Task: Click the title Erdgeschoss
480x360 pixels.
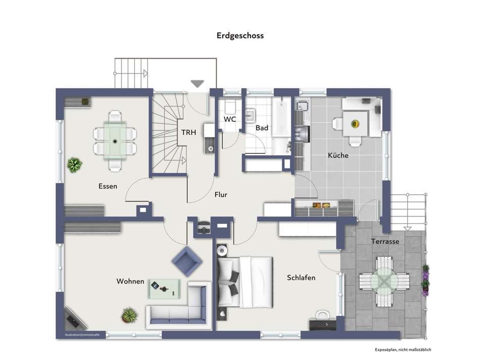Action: pyautogui.click(x=240, y=35)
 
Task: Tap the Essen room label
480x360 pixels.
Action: pyautogui.click(x=108, y=186)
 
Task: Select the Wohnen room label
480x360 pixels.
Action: pyautogui.click(x=130, y=281)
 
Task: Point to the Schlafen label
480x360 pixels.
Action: pyautogui.click(x=301, y=278)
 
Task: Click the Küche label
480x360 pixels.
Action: pyautogui.click(x=338, y=155)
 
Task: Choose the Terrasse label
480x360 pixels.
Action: pyautogui.click(x=385, y=241)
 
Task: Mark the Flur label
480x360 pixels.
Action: pyautogui.click(x=221, y=195)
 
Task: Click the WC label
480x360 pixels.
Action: pyautogui.click(x=229, y=119)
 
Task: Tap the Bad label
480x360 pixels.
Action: pyautogui.click(x=262, y=128)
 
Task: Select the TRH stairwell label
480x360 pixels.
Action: pyautogui.click(x=188, y=132)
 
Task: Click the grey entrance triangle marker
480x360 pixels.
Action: pyautogui.click(x=197, y=83)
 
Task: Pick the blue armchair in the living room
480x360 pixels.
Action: pyautogui.click(x=187, y=261)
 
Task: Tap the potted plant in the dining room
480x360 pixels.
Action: pyautogui.click(x=74, y=165)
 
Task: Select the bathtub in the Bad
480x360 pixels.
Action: pyautogui.click(x=281, y=116)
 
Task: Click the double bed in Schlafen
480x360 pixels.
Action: pyautogui.click(x=245, y=282)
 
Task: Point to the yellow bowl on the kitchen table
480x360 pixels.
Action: pyautogui.click(x=355, y=124)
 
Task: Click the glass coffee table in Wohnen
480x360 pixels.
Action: pyautogui.click(x=164, y=289)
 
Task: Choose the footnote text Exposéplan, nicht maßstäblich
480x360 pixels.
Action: pyautogui.click(x=403, y=349)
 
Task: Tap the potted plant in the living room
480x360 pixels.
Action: pyautogui.click(x=130, y=315)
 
